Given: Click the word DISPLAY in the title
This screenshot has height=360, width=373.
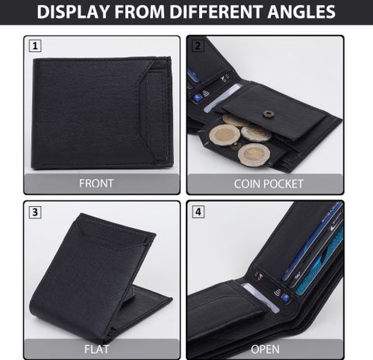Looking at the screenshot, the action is click(x=73, y=12).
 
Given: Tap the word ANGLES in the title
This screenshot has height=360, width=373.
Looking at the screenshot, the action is click(x=302, y=12).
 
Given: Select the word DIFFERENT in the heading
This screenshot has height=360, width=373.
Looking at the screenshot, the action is click(x=217, y=12).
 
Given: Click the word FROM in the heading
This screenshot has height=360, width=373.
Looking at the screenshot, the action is click(x=140, y=12).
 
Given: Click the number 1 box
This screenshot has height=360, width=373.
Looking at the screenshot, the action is click(x=35, y=46).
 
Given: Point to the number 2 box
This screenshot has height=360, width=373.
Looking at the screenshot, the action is click(x=198, y=46).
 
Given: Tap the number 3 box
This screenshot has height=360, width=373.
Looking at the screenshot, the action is click(x=35, y=212).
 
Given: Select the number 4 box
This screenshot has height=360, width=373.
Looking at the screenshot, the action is click(x=198, y=211).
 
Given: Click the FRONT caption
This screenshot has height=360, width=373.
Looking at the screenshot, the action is click(x=96, y=183).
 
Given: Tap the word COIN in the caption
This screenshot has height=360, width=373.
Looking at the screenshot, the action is click(x=247, y=184).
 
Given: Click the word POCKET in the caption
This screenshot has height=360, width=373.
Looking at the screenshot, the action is click(x=284, y=184).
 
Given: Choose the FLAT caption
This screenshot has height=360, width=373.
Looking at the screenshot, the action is click(x=96, y=349).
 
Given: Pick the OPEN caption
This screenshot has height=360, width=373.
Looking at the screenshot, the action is click(x=265, y=349).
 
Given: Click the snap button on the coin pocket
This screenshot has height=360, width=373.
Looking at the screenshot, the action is click(x=267, y=114).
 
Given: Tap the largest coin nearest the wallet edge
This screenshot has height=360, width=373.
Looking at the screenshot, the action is click(x=254, y=155).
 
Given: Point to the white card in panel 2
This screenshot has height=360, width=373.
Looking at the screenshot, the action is click(x=222, y=99).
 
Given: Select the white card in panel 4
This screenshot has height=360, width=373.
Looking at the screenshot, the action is click(x=260, y=297).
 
